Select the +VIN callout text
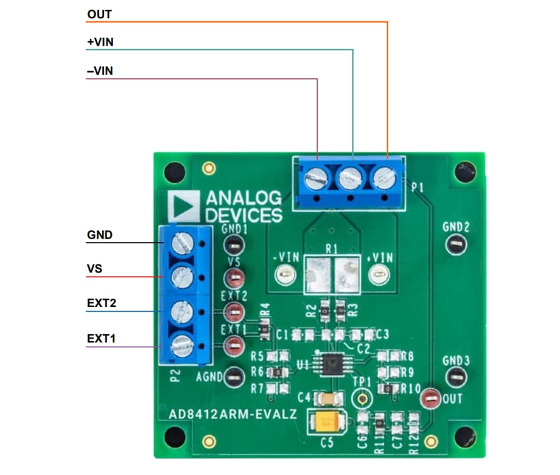(100, 42)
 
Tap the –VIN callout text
(100, 71)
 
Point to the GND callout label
(100, 235)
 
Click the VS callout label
(94, 269)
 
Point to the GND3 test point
(456, 376)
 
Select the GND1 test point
(234, 243)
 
